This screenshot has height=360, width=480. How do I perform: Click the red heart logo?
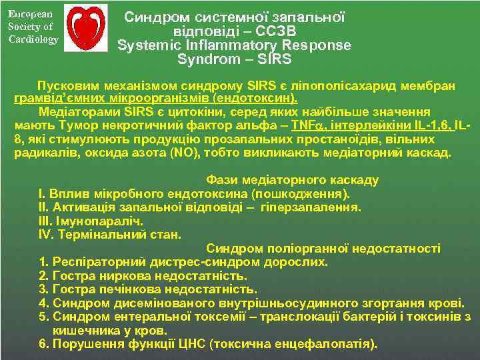point(88,27)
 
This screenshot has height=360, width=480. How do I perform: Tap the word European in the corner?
point(27,14)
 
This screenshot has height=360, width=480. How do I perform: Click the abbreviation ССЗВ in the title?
point(275,31)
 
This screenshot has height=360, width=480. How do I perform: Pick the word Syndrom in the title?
point(204,59)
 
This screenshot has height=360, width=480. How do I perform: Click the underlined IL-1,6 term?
point(434,125)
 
